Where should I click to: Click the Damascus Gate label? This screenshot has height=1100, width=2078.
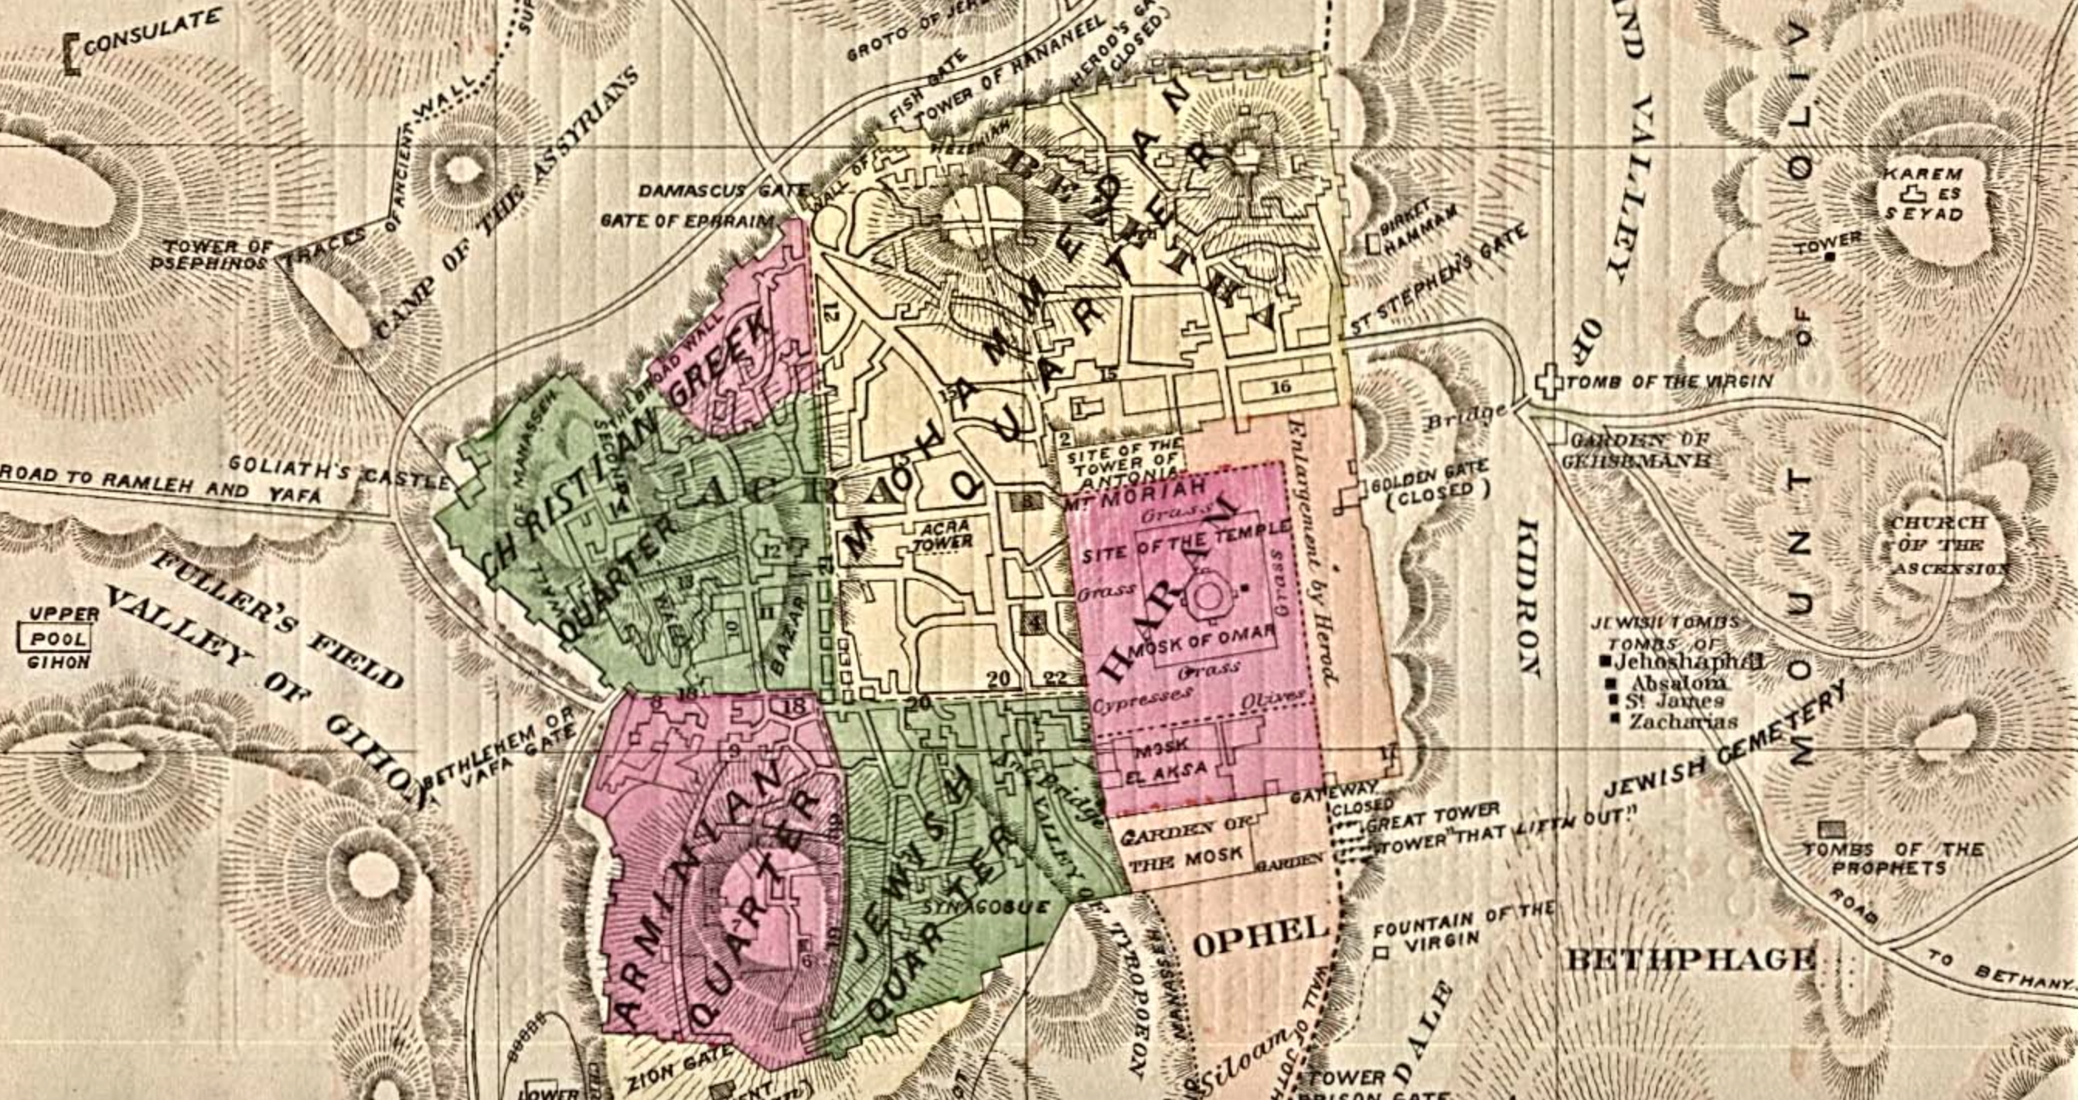pos(722,192)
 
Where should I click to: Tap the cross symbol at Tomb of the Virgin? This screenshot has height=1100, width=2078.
pos(1548,381)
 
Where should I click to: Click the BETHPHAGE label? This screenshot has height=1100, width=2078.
pos(1690,961)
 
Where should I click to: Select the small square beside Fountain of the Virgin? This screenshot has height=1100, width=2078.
pos(1381,953)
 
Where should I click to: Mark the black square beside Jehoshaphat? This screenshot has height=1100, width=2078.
pos(1606,661)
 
